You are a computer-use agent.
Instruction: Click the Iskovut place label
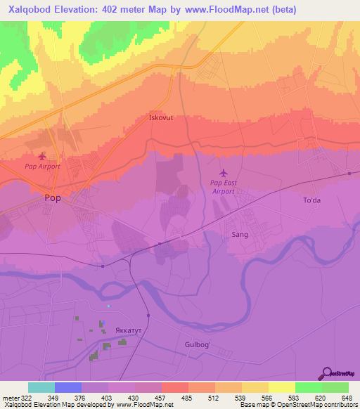[x=161, y=118]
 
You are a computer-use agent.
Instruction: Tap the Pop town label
[x=53, y=198]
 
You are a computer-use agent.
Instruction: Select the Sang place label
[x=240, y=235]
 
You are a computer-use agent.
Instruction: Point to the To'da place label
[x=311, y=200]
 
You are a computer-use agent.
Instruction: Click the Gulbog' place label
[x=198, y=344]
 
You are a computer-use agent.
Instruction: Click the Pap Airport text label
[x=43, y=167]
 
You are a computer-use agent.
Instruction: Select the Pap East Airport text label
[x=224, y=186]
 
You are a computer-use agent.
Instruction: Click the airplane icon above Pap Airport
[x=42, y=155]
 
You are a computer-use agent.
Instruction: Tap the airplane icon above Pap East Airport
[x=224, y=172]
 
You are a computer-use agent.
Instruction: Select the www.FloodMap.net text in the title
[x=231, y=10]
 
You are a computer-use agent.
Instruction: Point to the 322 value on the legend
[x=22, y=397]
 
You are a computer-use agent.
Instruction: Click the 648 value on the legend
[x=347, y=397]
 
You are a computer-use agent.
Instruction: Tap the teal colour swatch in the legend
[x=41, y=387]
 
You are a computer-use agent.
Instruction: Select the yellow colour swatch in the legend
[x=281, y=387]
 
